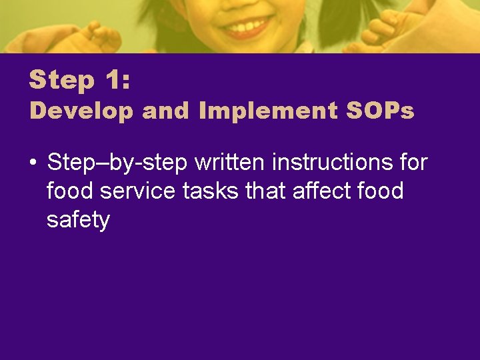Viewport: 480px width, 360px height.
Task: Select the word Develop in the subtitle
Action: click(81, 111)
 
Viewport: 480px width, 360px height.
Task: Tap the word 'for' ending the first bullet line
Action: click(413, 162)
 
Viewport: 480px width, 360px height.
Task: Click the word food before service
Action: click(70, 191)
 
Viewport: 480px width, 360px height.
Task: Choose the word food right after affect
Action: click(380, 191)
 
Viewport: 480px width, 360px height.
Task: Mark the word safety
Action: click(78, 220)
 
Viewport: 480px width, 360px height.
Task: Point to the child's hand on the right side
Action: click(387, 30)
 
